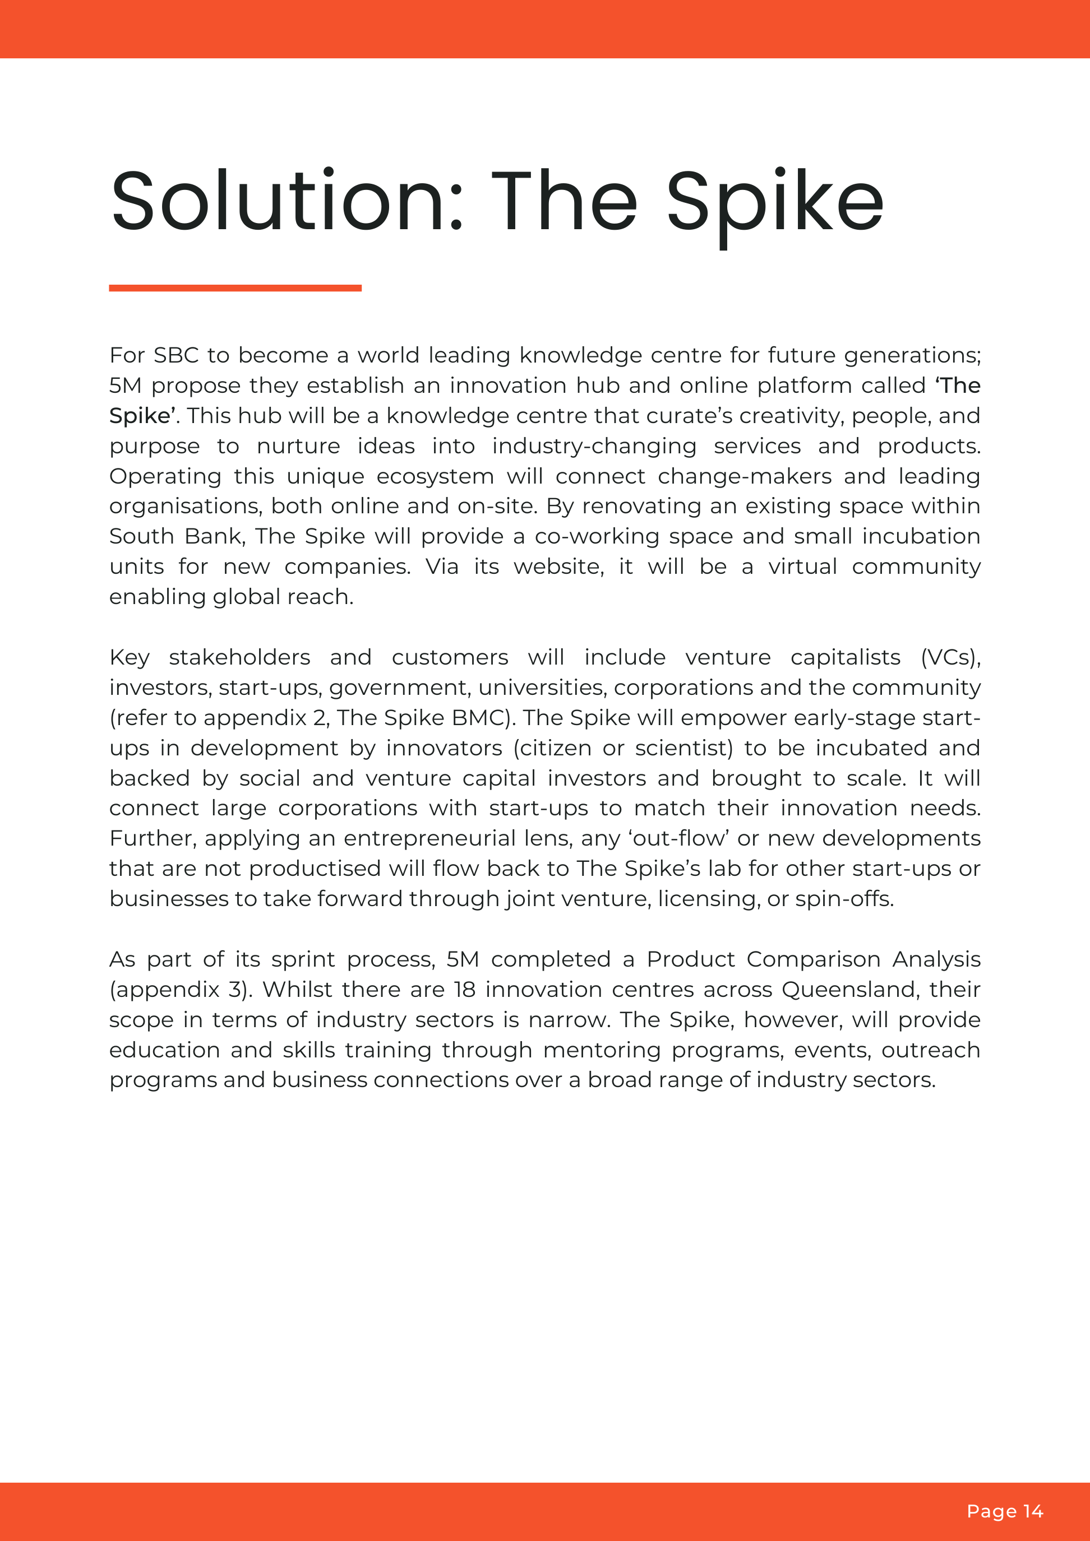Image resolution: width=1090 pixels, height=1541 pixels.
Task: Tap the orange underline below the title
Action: pyautogui.click(x=235, y=288)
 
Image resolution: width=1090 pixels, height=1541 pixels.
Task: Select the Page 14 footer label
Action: pyautogui.click(x=1004, y=1511)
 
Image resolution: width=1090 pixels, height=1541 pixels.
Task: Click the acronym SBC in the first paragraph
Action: pyautogui.click(x=176, y=355)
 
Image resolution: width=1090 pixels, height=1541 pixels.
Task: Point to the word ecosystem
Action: pyautogui.click(x=435, y=476)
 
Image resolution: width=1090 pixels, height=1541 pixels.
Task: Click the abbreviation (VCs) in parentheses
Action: pyautogui.click(x=950, y=657)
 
